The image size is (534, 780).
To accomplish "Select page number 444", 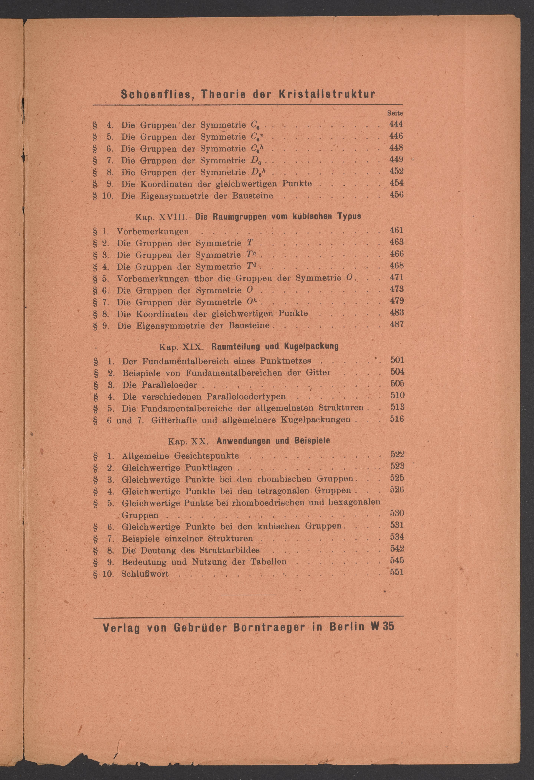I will click(x=396, y=124).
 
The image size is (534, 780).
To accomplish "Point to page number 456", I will click(x=396, y=195).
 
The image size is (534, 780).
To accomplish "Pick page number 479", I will click(x=396, y=301).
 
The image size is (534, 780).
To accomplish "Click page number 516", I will click(x=397, y=419).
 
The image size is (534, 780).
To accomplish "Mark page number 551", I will click(x=397, y=572).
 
